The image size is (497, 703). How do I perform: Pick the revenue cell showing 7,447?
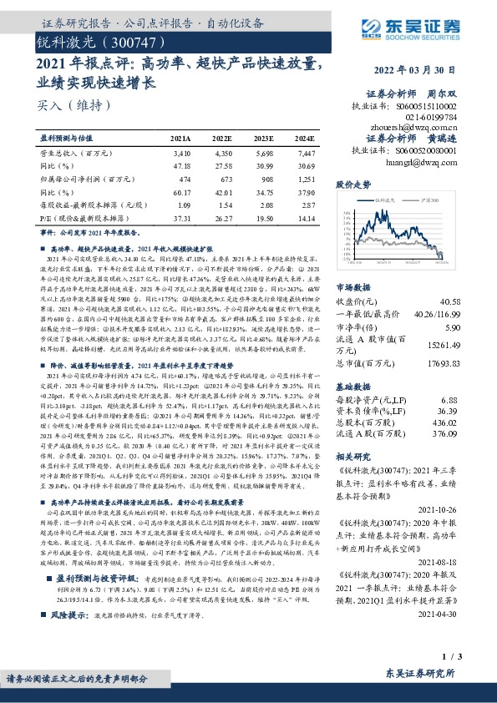coord(307,154)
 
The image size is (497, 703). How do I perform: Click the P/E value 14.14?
coord(307,217)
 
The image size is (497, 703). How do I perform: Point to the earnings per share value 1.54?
coord(224,205)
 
